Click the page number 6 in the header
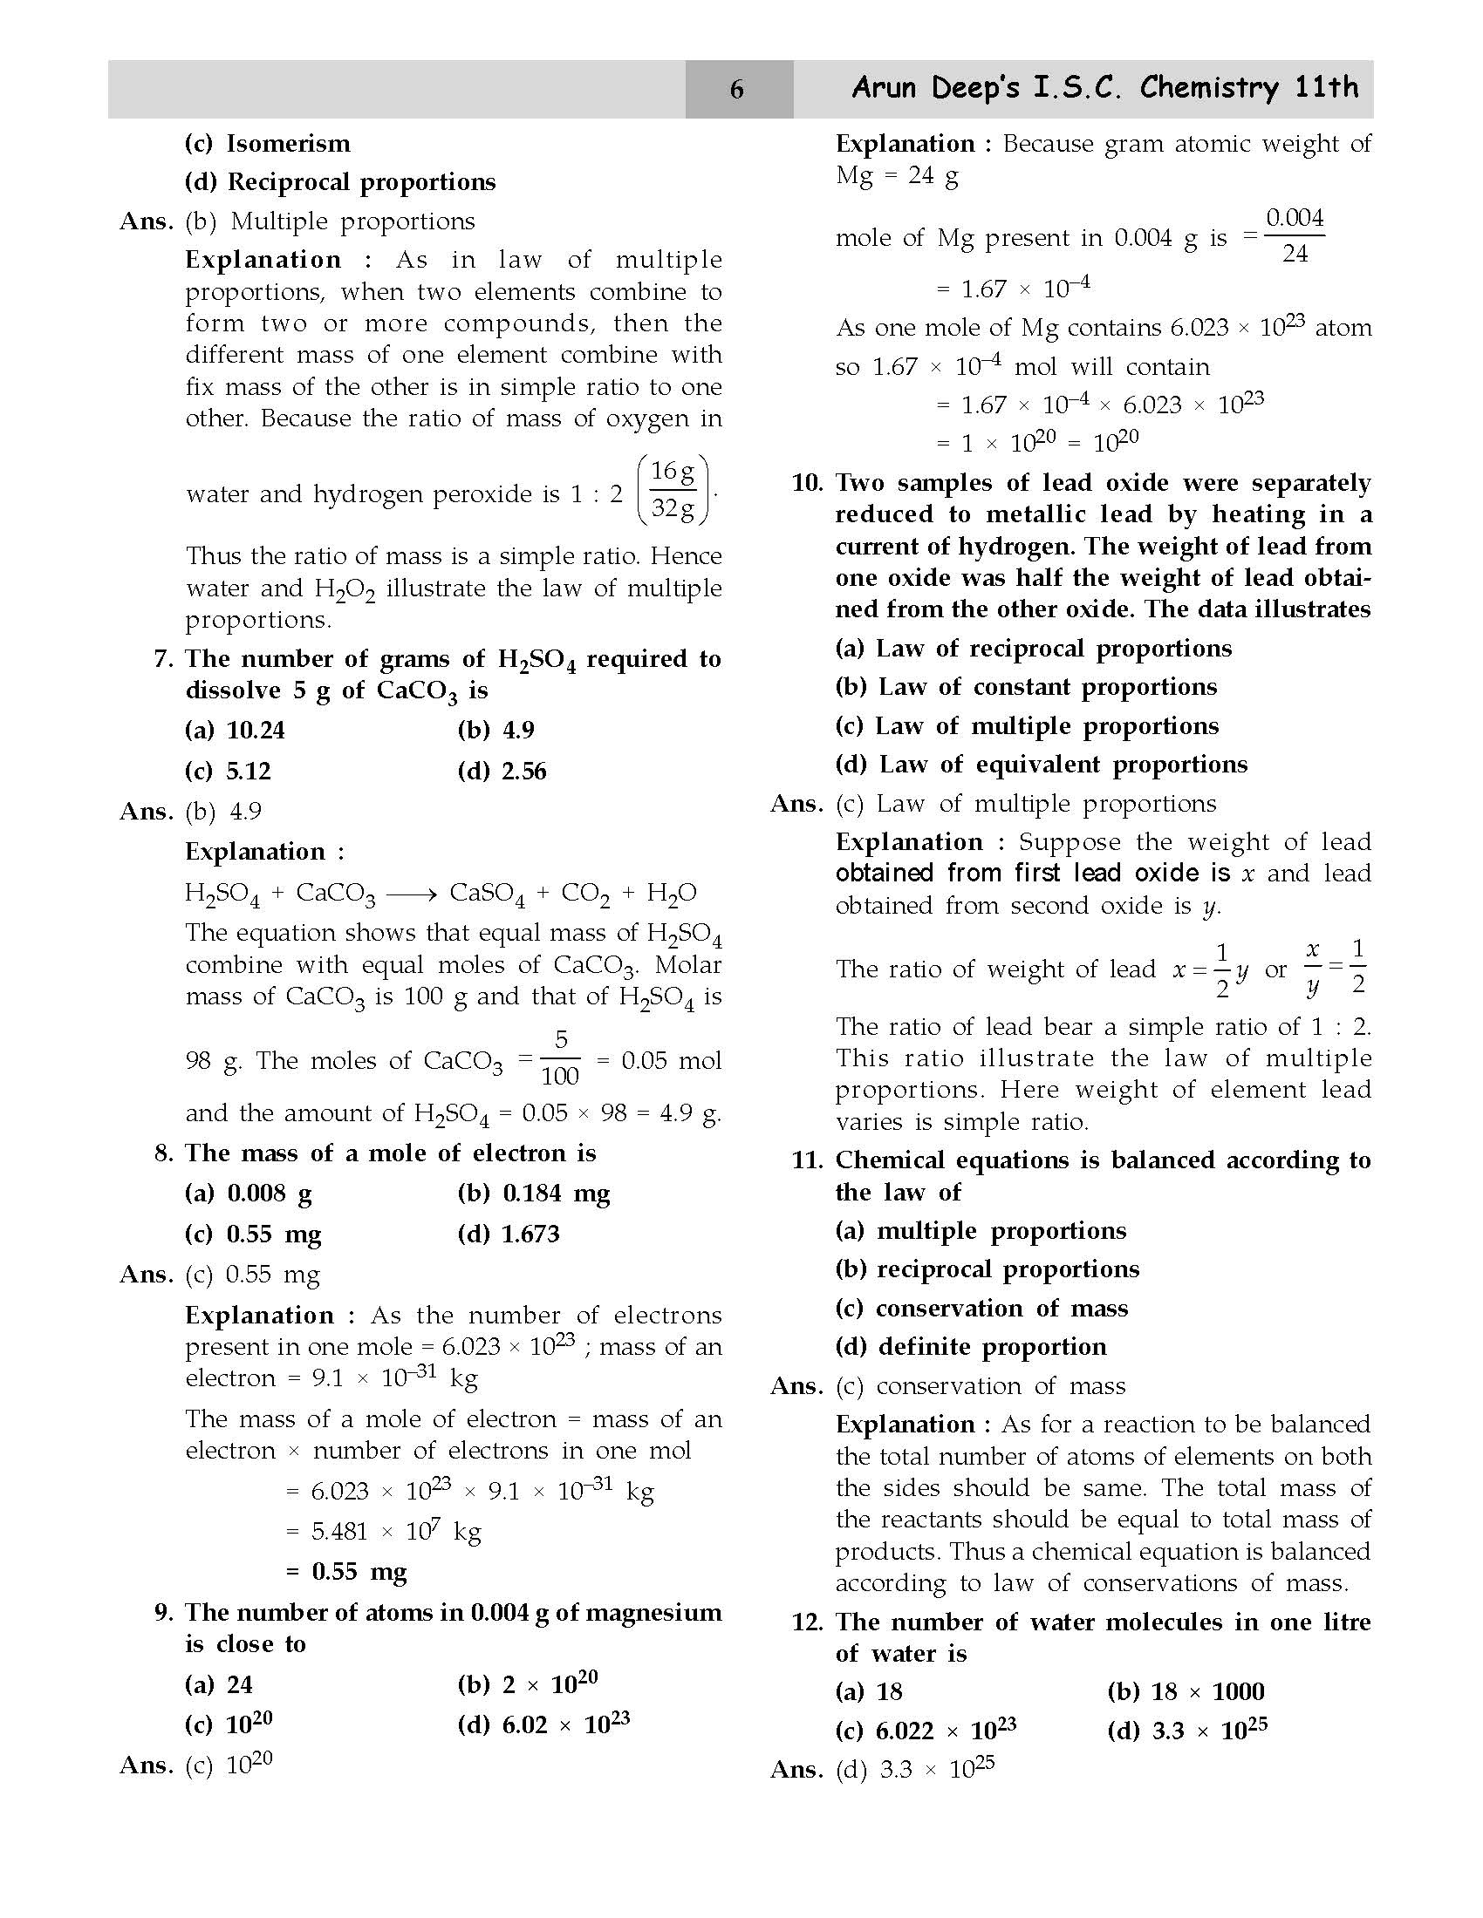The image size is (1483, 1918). tap(737, 89)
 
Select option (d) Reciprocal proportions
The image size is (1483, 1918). tap(340, 182)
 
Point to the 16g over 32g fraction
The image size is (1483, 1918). tap(673, 490)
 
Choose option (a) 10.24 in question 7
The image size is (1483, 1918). tap(235, 730)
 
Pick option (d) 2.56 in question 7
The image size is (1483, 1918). tap(502, 771)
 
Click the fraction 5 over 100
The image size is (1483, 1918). tap(560, 1058)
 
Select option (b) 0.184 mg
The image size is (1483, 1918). tap(533, 1193)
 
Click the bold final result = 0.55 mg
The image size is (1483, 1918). tap(347, 1571)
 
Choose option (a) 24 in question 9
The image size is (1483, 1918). tap(219, 1684)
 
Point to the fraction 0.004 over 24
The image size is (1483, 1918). tap(1294, 235)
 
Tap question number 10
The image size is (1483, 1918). tap(807, 483)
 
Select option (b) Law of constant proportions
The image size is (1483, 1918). tap(1026, 687)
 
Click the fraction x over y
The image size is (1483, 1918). tap(1313, 969)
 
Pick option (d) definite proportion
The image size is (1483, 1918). tap(971, 1346)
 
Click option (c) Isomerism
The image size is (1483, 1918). tap(267, 143)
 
